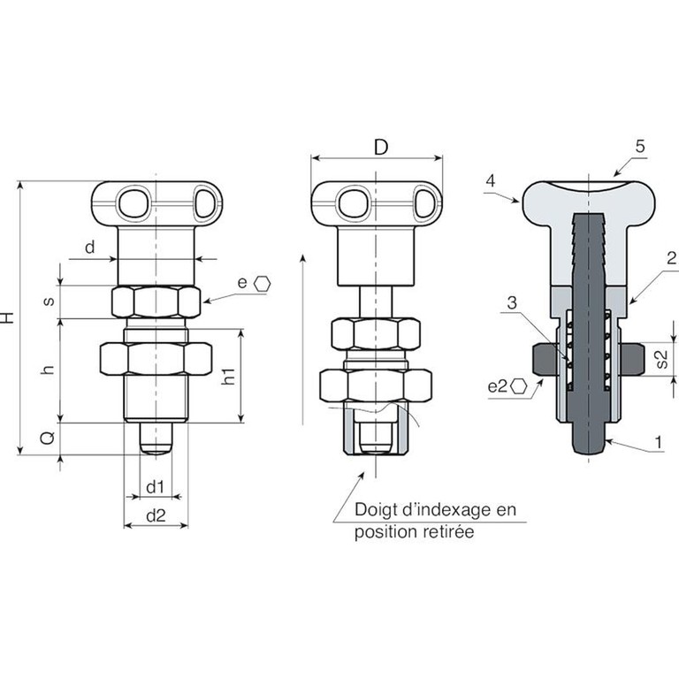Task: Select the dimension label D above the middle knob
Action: pos(381,148)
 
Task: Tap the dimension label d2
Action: pos(156,515)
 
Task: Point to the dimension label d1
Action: pos(155,487)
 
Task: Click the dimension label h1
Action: pos(229,376)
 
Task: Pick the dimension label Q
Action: pos(48,438)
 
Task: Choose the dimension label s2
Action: pos(662,359)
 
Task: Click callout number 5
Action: pos(640,147)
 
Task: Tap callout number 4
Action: pos(490,180)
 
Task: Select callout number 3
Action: pos(512,302)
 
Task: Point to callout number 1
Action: pos(659,443)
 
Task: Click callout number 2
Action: pos(671,258)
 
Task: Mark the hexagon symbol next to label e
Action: pos(262,284)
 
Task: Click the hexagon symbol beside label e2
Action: pos(518,385)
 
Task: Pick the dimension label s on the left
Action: pos(49,301)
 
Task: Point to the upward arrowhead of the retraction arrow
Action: pos(303,258)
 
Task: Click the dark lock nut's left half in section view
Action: pos(545,359)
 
